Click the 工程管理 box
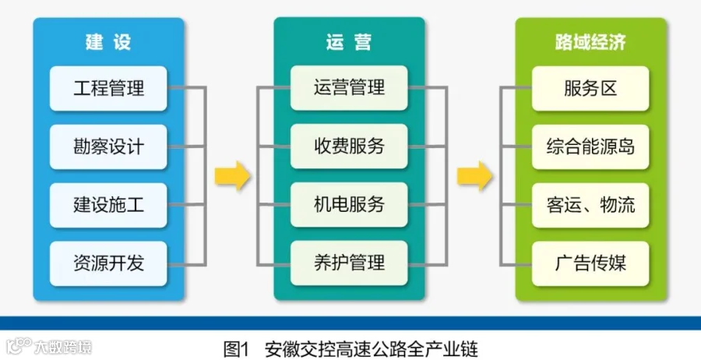(x=108, y=88)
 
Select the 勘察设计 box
(x=108, y=146)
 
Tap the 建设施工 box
(x=108, y=205)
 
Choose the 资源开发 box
(x=108, y=263)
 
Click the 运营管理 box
(x=349, y=87)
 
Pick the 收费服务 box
(x=349, y=146)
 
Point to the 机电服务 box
(x=349, y=204)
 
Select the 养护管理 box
(x=349, y=263)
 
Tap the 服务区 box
(x=590, y=88)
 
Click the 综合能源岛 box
(x=590, y=146)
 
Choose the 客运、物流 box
(x=590, y=205)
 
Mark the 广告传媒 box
(x=590, y=263)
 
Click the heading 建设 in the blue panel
(x=108, y=42)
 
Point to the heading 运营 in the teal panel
(x=349, y=42)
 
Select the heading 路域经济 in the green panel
(x=590, y=42)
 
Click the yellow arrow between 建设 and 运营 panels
(x=232, y=176)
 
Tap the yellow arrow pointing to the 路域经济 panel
(x=474, y=176)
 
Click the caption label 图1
(x=235, y=349)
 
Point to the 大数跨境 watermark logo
(x=49, y=347)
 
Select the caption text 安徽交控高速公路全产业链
(x=371, y=349)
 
